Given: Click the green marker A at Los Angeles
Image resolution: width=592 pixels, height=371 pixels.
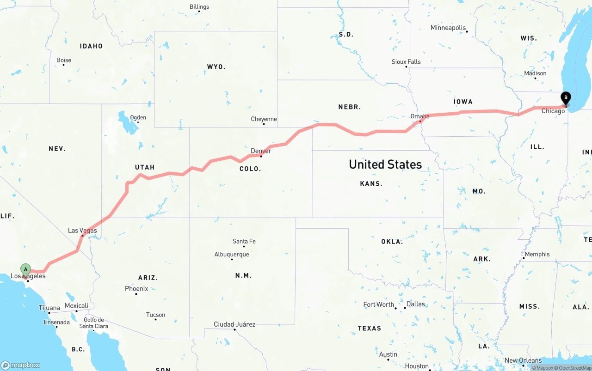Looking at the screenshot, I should (25, 269).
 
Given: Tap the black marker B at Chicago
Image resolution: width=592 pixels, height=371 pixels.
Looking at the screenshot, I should (565, 98).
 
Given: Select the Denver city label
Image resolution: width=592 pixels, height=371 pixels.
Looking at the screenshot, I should (261, 151).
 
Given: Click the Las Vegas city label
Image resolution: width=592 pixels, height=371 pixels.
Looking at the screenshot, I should (82, 231).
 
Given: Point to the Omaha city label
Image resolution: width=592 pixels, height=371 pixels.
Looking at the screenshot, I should (420, 116).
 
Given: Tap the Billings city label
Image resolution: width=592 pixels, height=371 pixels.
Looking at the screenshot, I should (199, 7).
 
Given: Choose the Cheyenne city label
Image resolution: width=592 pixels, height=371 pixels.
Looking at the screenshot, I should (264, 119).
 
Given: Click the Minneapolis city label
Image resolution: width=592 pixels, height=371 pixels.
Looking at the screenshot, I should (448, 28).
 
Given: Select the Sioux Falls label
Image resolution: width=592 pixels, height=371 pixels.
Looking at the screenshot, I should (406, 62).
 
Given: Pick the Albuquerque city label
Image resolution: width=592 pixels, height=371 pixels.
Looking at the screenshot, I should (231, 255).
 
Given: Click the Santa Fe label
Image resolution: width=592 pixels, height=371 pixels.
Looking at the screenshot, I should (244, 241).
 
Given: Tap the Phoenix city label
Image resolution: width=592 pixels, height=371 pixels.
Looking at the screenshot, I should (136, 289).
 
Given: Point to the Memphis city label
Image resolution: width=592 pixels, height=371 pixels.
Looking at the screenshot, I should (537, 254).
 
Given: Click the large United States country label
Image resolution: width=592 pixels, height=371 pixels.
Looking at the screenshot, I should (385, 164).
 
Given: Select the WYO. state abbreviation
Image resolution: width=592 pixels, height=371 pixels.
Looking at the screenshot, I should (216, 67).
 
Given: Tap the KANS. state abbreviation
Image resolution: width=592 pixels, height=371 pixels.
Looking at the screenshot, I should (371, 184).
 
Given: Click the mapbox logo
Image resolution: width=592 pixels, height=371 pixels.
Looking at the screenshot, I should (20, 365).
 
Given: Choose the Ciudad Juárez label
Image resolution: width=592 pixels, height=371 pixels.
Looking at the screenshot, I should (234, 324).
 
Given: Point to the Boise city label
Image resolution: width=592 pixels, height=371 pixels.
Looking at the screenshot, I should (64, 60).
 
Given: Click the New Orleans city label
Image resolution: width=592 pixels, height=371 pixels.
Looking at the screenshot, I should (523, 360).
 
